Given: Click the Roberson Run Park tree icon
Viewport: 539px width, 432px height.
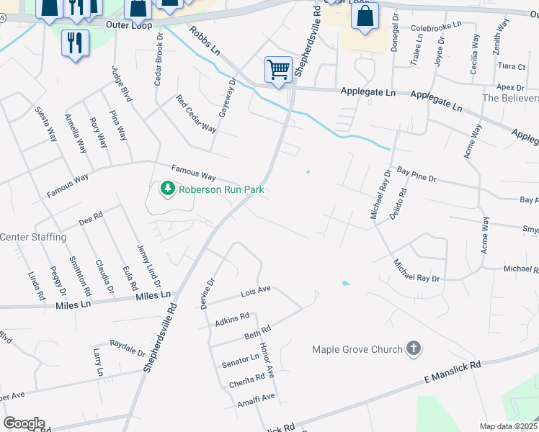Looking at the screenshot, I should tap(168, 189).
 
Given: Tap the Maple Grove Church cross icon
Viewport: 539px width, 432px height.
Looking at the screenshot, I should tap(413, 349).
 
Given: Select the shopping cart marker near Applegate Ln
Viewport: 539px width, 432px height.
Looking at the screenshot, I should tap(278, 70).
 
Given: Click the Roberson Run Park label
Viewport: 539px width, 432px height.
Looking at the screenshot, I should tap(221, 189).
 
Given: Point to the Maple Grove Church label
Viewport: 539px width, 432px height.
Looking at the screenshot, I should tap(357, 350).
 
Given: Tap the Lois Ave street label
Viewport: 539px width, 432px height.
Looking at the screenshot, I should tap(254, 292).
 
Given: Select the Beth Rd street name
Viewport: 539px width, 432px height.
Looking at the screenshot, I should tap(257, 333).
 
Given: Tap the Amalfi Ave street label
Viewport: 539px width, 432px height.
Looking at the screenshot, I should tap(257, 397).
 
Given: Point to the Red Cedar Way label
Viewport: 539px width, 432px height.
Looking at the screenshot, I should tap(197, 114).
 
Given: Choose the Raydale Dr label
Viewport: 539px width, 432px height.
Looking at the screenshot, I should tap(128, 348).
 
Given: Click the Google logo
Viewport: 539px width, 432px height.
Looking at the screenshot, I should tap(24, 423).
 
